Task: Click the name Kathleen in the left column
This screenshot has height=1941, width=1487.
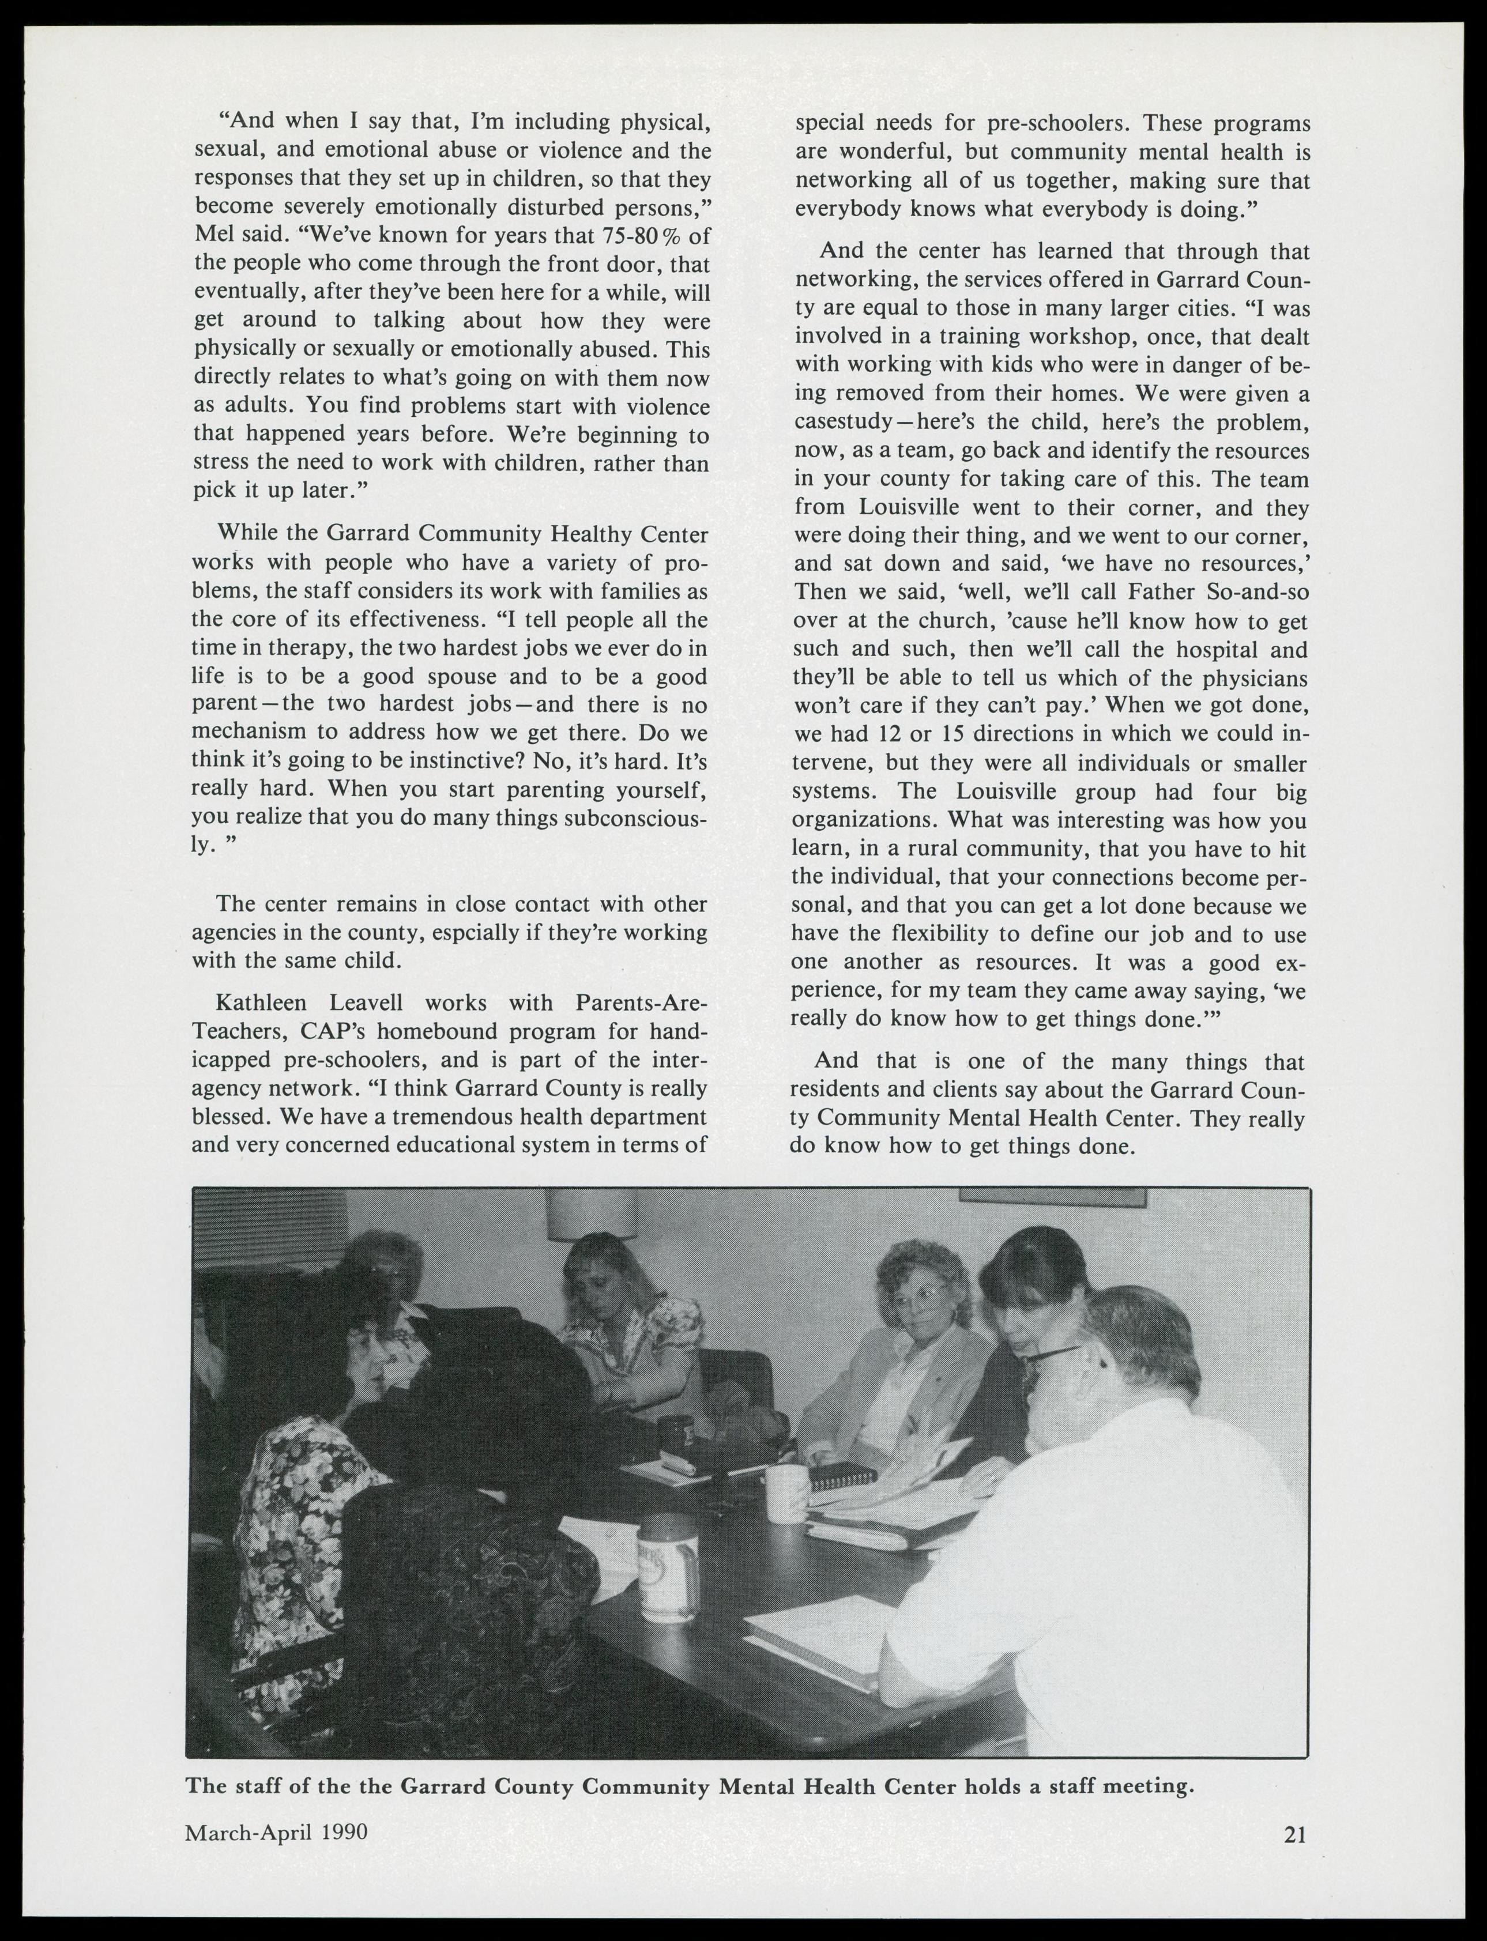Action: pyautogui.click(x=260, y=1003)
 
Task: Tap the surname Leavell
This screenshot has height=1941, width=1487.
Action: pyautogui.click(x=367, y=1003)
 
